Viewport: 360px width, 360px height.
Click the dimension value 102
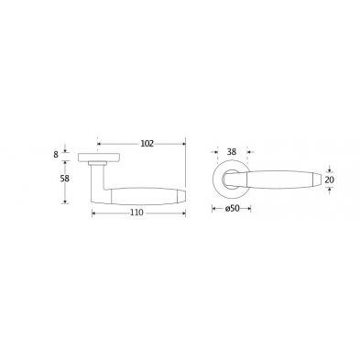tap(147, 144)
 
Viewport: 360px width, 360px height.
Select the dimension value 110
tap(136, 213)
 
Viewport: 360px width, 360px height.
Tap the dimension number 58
tap(65, 179)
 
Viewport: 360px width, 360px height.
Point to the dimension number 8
tap(56, 155)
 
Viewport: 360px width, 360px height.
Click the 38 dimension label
tap(232, 152)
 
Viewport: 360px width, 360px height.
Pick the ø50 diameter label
tap(232, 209)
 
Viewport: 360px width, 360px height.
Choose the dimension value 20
tap(330, 180)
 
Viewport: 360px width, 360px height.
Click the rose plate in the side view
tap(99, 158)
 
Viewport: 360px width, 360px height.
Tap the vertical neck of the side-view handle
tap(98, 180)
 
